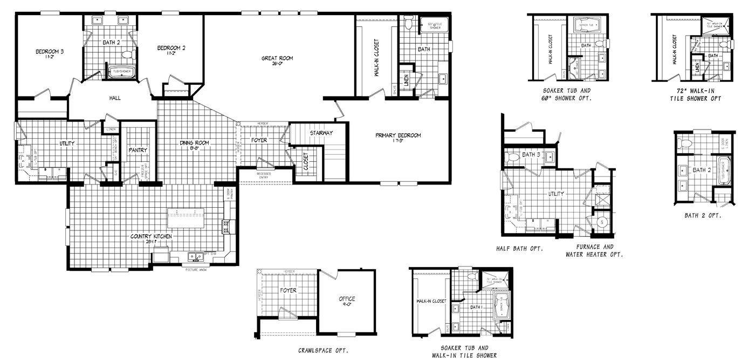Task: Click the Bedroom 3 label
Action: pyautogui.click(x=50, y=52)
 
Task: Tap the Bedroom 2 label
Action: pyautogui.click(x=171, y=48)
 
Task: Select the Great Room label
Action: pyautogui.click(x=277, y=58)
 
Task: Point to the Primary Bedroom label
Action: pyautogui.click(x=398, y=135)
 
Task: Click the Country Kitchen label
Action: pyautogui.click(x=152, y=237)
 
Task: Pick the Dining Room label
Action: pyautogui.click(x=194, y=143)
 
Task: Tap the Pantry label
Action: pyautogui.click(x=138, y=150)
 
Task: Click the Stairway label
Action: pyautogui.click(x=321, y=133)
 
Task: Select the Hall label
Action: pyautogui.click(x=115, y=98)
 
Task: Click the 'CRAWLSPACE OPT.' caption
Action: pyautogui.click(x=323, y=350)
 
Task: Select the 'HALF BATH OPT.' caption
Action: pyautogui.click(x=519, y=249)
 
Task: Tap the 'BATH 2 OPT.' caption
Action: pyautogui.click(x=703, y=215)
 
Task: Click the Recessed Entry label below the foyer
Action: pyautogui.click(x=264, y=175)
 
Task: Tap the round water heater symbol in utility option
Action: pyautogui.click(x=602, y=222)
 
